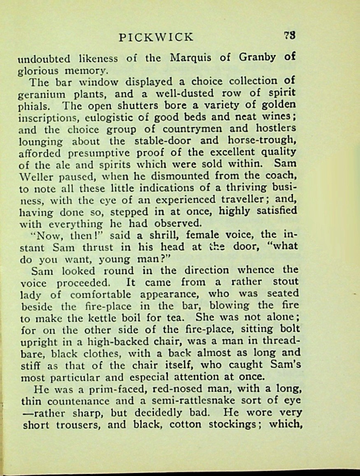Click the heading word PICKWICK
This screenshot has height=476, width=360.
click(x=156, y=37)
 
